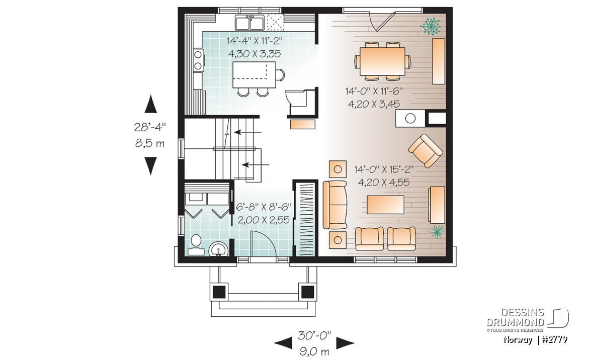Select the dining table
[x=382, y=61]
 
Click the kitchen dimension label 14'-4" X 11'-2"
[x=254, y=41]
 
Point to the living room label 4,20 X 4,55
[x=384, y=183]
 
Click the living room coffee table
[x=386, y=204]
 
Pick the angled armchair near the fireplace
[x=426, y=150]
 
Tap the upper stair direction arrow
[x=248, y=132]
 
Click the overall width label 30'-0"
[x=314, y=334]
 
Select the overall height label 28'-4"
[x=150, y=127]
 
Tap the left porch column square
[x=219, y=291]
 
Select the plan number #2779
[x=555, y=340]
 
